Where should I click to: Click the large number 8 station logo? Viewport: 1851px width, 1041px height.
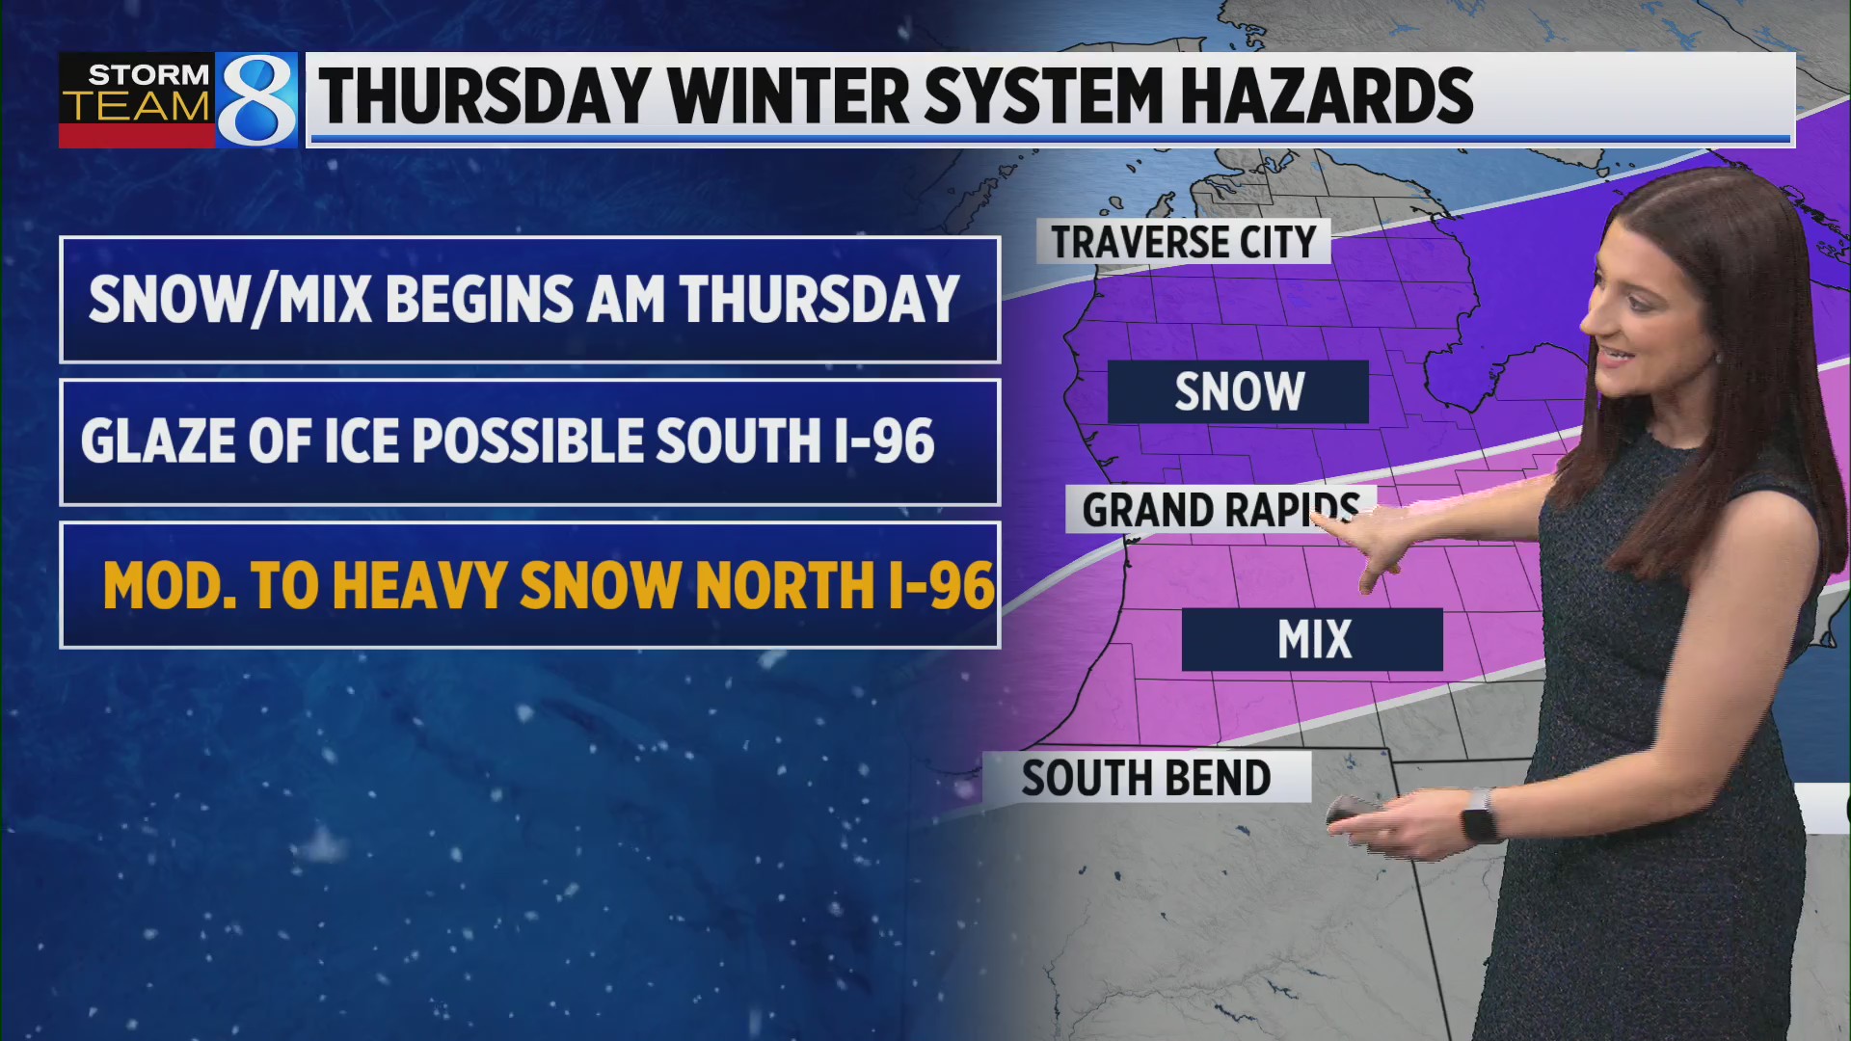pyautogui.click(x=256, y=100)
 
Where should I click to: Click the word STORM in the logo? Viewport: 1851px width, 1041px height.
pyautogui.click(x=148, y=74)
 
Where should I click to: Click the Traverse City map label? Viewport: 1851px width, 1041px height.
pyautogui.click(x=1183, y=241)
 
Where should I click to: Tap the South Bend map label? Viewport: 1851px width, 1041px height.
pyautogui.click(x=1145, y=778)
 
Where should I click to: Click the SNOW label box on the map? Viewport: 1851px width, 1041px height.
pyautogui.click(x=1238, y=392)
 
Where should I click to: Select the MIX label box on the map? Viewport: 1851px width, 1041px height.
pyautogui.click(x=1312, y=639)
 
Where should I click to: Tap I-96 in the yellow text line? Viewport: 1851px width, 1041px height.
pyautogui.click(x=941, y=585)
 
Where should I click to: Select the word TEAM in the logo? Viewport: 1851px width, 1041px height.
pyautogui.click(x=137, y=107)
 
